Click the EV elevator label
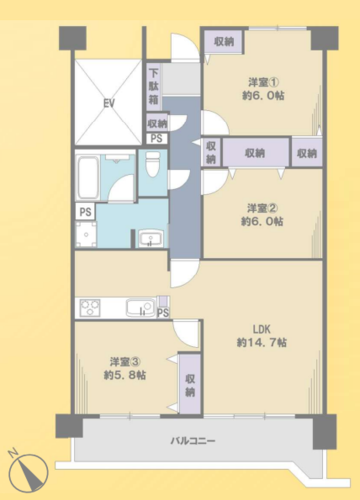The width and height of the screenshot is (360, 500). [109, 103]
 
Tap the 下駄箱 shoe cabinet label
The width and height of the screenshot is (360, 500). [153, 86]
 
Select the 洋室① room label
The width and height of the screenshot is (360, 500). [263, 82]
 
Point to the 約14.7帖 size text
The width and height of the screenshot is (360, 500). [262, 342]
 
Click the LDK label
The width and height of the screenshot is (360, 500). [262, 329]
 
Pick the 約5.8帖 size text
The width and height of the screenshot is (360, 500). [125, 375]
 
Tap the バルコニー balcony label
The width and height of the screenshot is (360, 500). [193, 441]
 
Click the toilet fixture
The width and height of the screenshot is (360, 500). [153, 164]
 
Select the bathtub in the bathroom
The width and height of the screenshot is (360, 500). [88, 177]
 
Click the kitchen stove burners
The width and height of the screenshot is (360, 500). [90, 308]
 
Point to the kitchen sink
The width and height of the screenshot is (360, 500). [141, 307]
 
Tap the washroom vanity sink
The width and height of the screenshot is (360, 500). [150, 239]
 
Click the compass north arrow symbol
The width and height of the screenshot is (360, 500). [28, 472]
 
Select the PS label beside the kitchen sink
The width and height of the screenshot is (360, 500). [163, 313]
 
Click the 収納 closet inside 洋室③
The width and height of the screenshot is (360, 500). [190, 384]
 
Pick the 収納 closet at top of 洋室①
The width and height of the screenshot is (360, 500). [224, 42]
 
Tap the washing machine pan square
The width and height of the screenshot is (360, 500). [86, 235]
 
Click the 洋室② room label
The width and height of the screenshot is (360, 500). [262, 208]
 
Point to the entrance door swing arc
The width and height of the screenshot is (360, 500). [185, 47]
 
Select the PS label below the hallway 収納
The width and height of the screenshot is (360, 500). [157, 138]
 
